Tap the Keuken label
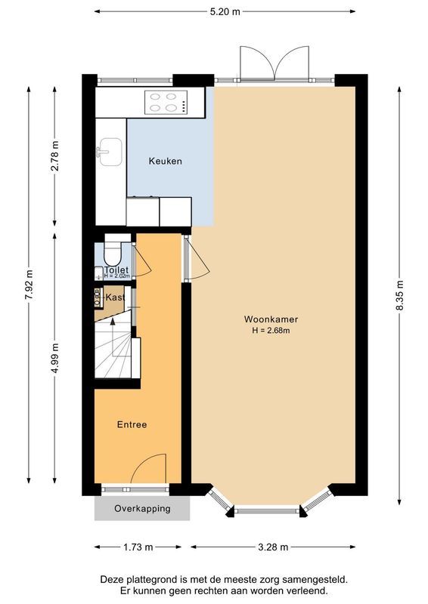click(165, 162)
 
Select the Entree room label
click(132, 425)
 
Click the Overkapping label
click(142, 509)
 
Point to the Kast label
click(115, 298)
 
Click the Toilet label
click(116, 270)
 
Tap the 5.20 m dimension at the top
click(225, 11)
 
